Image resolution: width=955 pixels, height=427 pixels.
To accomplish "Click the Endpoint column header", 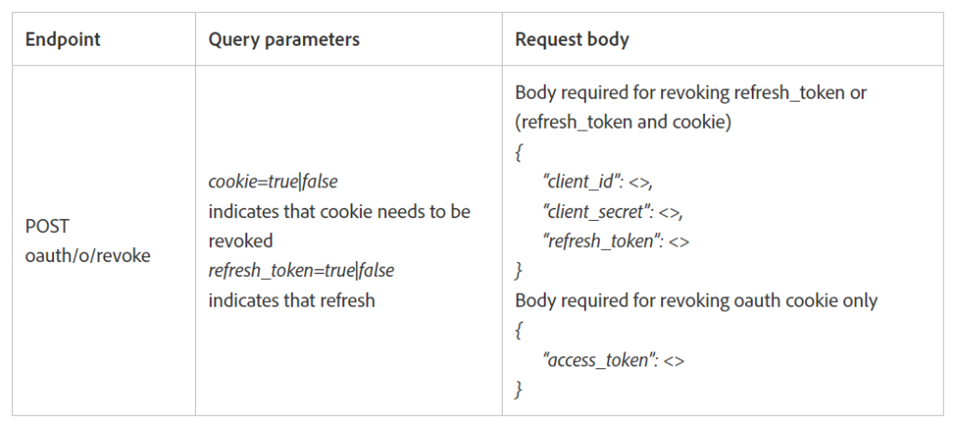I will point(62,40).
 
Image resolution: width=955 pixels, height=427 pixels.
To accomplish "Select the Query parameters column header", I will point(284,40).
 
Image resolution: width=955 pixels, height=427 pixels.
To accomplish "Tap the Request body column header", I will point(572,40).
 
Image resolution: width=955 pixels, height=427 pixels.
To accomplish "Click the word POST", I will point(48,227).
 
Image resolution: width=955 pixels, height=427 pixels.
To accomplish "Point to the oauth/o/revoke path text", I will point(88,255).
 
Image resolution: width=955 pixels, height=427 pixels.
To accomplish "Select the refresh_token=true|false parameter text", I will point(301,270).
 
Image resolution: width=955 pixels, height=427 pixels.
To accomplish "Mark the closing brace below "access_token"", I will point(519,388).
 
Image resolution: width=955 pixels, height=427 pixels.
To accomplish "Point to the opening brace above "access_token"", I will point(519,330).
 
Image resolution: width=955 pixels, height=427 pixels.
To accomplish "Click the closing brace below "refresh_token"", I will point(519,270).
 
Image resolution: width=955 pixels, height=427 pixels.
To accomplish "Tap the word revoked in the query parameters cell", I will point(241,241).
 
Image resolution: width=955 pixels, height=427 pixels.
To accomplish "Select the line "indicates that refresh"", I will point(291,300).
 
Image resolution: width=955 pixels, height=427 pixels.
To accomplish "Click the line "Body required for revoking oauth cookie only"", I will point(696,300).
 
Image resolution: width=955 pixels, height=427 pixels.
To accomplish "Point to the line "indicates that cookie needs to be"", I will point(339,212).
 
